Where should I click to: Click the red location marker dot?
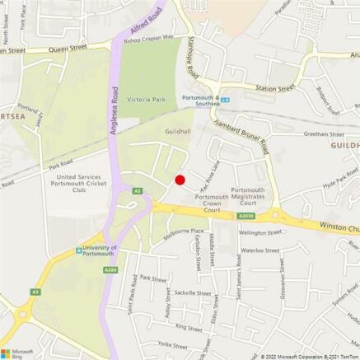(180, 180)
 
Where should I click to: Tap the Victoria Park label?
(146, 100)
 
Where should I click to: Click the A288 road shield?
(110, 269)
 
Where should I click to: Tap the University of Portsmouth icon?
(78, 251)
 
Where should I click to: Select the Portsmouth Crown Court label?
(212, 203)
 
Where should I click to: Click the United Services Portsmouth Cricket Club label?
(79, 183)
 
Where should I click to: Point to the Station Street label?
(274, 87)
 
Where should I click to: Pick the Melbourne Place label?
(184, 231)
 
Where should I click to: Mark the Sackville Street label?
(192, 292)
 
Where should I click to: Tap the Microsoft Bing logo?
(21, 353)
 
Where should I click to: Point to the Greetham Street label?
(324, 134)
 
